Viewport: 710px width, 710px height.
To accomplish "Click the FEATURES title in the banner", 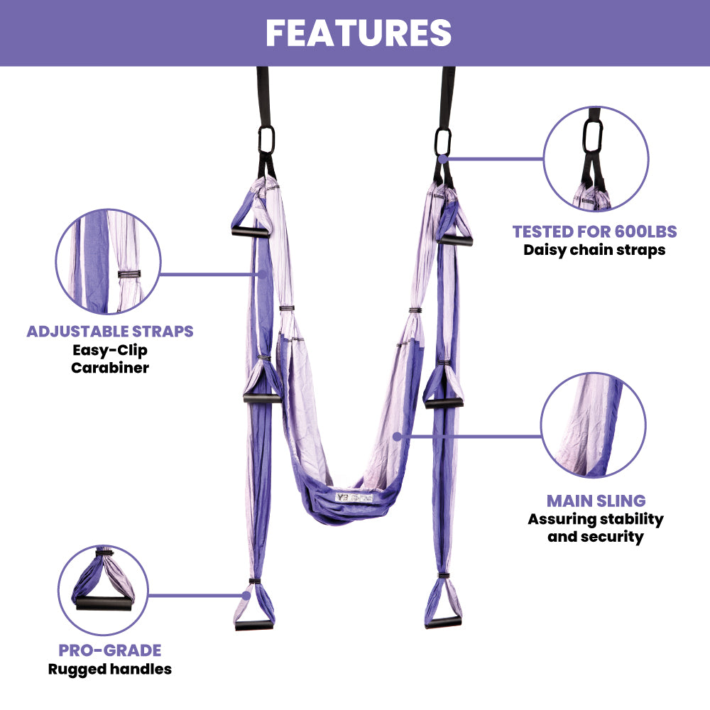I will [359, 33].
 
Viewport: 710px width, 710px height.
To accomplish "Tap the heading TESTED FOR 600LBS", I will [594, 231].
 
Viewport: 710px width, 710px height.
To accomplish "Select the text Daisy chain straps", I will [594, 250].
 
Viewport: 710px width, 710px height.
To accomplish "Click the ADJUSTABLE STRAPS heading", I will [110, 332].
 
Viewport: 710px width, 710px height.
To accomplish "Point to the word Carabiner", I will [110, 368].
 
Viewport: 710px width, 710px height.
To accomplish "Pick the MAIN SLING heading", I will [595, 501].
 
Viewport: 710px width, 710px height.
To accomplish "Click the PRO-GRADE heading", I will [110, 650].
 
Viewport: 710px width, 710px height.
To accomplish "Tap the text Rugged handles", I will [110, 669].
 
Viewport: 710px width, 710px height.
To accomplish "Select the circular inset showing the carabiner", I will [596, 158].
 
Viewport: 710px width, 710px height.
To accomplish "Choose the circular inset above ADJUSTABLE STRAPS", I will [108, 261].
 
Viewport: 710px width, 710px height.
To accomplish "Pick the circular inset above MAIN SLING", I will [594, 425].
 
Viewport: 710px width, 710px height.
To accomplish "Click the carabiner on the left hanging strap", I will [267, 139].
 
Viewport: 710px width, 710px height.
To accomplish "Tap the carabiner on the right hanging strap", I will [444, 140].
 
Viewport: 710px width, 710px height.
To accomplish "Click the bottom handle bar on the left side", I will [254, 625].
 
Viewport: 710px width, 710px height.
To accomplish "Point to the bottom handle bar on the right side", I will [443, 623].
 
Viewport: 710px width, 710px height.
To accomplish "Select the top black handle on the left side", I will [251, 231].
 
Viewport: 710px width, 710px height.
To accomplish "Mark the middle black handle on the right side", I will [444, 403].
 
